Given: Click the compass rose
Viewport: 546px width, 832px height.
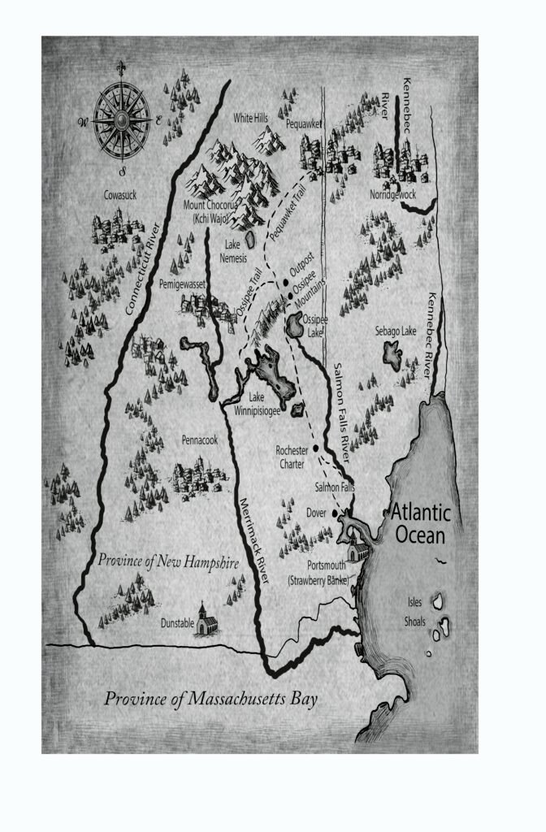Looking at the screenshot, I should click(121, 121).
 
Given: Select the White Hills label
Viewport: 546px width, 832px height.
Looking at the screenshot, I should click(250, 118).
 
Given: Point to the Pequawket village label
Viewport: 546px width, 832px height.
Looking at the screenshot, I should click(305, 124).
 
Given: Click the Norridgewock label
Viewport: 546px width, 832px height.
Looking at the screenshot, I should click(393, 196).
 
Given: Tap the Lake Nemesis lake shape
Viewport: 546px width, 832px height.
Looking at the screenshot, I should click(251, 240).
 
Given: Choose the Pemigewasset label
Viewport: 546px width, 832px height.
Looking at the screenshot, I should click(184, 284).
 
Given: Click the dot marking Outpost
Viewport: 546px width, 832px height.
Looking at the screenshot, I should click(286, 283).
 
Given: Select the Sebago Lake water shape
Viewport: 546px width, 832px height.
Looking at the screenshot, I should click(391, 355).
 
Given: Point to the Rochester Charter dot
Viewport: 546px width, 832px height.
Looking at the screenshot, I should click(314, 448).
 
